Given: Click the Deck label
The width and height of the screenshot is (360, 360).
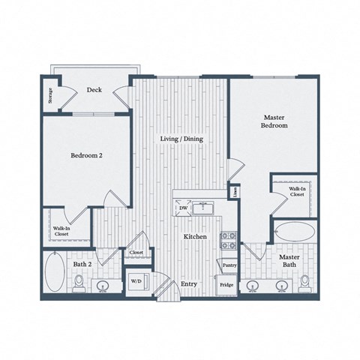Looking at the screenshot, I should pyautogui.click(x=94, y=89).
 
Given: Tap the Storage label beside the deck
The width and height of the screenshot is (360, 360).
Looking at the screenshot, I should pyautogui.click(x=50, y=95).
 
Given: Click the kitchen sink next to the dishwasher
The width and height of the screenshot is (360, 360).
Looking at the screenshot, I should pyautogui.click(x=202, y=208).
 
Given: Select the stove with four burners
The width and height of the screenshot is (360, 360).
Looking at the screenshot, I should pyautogui.click(x=228, y=240).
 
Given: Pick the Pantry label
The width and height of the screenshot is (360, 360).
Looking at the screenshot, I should pyautogui.click(x=228, y=264).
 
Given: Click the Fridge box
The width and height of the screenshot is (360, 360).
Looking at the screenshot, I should pyautogui.click(x=226, y=285).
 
